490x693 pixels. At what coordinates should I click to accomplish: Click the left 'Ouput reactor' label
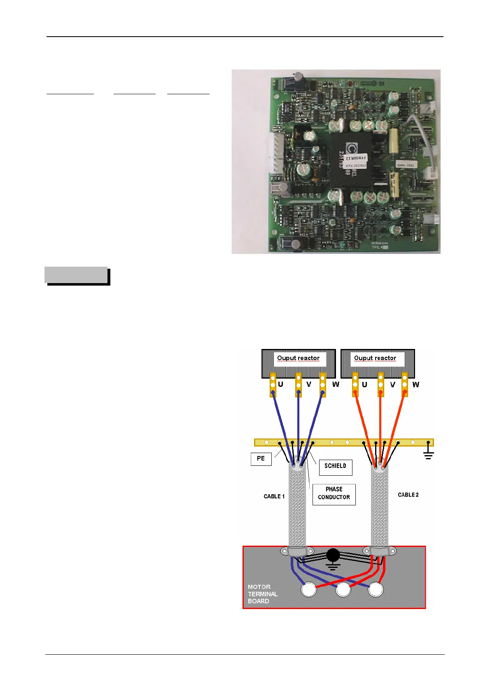tap(299, 358)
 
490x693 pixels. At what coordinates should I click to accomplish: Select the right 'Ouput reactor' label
tap(375, 358)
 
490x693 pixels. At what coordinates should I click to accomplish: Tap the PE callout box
tap(261, 459)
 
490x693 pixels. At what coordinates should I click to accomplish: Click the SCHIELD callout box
tap(335, 466)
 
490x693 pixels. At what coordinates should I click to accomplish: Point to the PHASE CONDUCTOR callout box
tap(334, 493)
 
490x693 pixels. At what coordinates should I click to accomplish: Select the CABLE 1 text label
tap(274, 496)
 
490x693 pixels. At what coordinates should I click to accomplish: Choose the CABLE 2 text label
tap(408, 495)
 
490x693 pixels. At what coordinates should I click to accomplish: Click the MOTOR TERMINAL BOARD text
tap(262, 594)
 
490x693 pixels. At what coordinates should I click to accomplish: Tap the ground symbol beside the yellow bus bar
tap(428, 453)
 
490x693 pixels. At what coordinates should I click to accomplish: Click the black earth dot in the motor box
tap(333, 556)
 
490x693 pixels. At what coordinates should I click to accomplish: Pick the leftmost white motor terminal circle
tap(309, 590)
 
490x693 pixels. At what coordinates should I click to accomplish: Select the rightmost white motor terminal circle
tap(376, 589)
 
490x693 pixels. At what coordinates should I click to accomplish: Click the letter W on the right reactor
tap(416, 384)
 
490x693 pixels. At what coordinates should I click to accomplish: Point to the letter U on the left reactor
tap(280, 384)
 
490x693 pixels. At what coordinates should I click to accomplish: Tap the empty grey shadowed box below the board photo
tap(76, 275)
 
